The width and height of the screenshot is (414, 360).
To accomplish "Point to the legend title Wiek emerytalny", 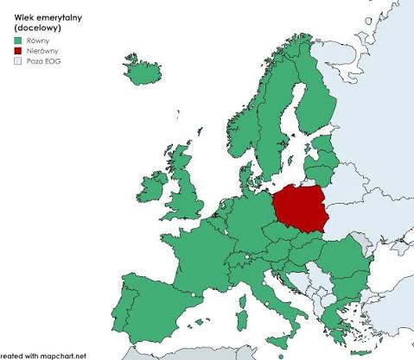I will point(42,15).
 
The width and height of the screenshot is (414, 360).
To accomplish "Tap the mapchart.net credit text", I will point(43,355).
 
